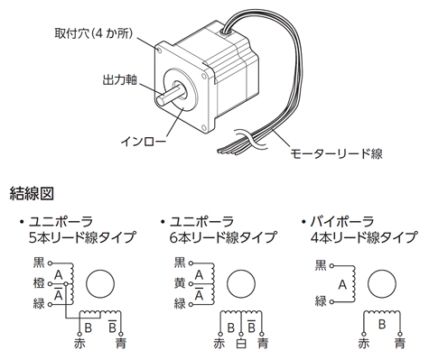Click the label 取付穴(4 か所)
[x=94, y=33]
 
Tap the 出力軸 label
[x=120, y=79]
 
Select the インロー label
[x=143, y=142]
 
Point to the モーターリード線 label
[x=336, y=153]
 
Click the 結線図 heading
[x=32, y=193]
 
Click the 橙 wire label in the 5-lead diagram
[x=39, y=283]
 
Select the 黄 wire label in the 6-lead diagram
[x=180, y=283]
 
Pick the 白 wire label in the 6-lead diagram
[x=241, y=343]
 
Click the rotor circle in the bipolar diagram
[x=382, y=284]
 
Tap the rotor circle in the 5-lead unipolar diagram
[x=100, y=284]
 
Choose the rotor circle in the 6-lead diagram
[x=241, y=284]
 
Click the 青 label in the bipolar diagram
[x=400, y=343]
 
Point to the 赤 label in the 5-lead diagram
[x=79, y=343]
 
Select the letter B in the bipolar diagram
[x=382, y=324]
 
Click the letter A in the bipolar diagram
[x=342, y=284]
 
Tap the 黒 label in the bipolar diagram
[x=321, y=265]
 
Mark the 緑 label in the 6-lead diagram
[x=180, y=304]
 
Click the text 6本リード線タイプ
[x=223, y=237]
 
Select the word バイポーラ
[x=342, y=222]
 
